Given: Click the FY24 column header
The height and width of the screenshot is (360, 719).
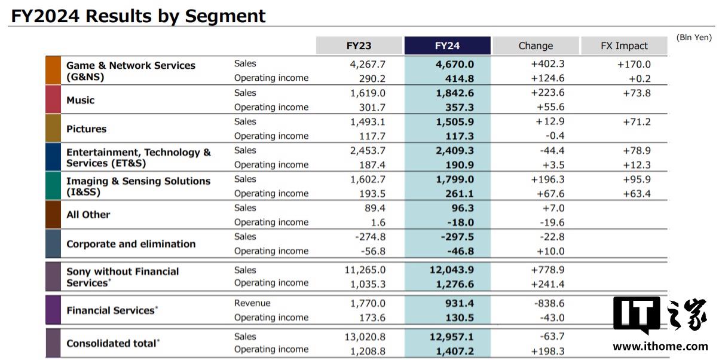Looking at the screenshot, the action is point(447,45).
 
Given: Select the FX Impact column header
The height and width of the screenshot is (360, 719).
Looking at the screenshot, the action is point(624,45).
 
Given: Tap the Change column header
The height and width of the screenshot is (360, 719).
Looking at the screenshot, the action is point(536,45).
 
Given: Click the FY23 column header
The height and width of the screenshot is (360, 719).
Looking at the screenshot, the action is point(359,45).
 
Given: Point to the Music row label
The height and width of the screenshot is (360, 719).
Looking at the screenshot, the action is point(80,100).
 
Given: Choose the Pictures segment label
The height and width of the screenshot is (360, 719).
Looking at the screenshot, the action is point(86,129).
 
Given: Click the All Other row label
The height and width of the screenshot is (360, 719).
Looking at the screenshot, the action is point(88,215).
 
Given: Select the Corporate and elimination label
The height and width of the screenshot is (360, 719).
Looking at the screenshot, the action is point(131,244).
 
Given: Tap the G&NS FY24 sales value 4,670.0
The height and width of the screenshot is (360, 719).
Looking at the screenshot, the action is point(454,64).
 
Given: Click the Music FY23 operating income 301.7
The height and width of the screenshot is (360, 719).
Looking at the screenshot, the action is point(372,107).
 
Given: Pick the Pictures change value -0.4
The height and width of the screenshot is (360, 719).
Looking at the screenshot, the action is point(555,136).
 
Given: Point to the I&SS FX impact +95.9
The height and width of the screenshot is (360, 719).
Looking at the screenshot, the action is point(637,179).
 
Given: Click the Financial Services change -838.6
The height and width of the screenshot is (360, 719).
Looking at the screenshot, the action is point(549,303).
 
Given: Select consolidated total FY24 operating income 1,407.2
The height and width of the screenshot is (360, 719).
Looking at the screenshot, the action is point(454,351).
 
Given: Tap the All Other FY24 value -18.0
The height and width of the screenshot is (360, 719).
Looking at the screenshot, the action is point(461,222).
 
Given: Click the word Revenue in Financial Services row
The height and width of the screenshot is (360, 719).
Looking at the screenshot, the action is point(252,303).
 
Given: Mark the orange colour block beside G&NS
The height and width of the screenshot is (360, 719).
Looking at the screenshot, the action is point(53,71).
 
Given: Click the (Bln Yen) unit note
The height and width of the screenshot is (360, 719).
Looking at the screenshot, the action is point(694,38).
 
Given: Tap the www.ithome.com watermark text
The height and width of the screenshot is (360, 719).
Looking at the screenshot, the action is point(660,346).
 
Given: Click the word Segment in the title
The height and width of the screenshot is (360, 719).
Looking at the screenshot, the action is point(225,16).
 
